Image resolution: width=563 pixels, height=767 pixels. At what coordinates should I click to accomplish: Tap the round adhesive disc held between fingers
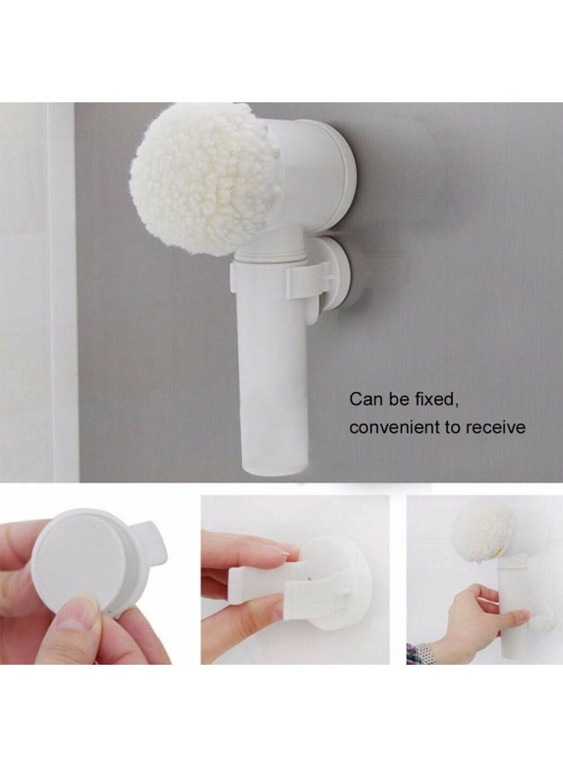(x=81, y=562)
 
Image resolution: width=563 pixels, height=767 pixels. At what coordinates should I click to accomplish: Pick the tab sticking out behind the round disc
(x=154, y=554)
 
